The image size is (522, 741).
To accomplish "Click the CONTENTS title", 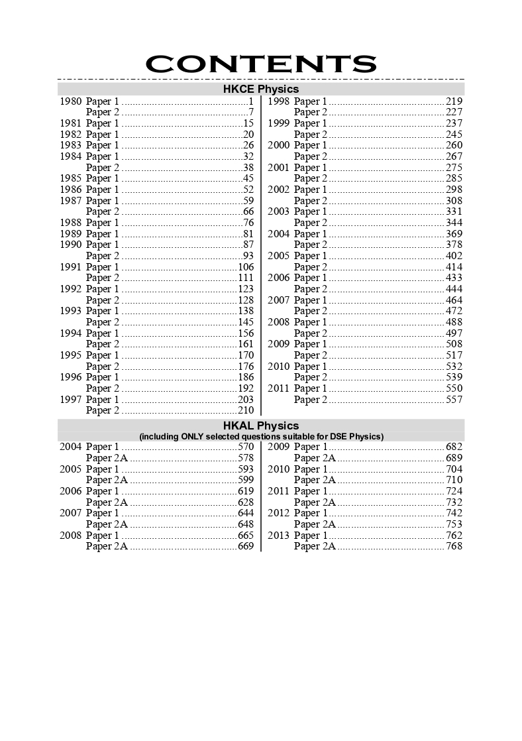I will pos(261,64).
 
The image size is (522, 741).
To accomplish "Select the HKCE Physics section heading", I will pos(261,89).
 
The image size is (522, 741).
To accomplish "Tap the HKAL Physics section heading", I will pos(261,426).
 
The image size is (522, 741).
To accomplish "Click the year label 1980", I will pos(71,101).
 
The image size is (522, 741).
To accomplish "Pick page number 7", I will pos(251,113).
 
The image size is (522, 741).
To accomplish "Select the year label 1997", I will pos(71,400).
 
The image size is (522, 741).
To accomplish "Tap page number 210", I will pos(246,411).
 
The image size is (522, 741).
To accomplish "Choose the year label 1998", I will pos(279,101).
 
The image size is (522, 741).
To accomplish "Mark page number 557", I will pos(454,400).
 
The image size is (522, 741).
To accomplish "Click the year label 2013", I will pos(279,536).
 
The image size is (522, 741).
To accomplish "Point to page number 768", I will pos(454,547).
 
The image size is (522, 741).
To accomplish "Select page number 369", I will pos(454,234).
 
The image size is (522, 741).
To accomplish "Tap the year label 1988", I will pos(71,223).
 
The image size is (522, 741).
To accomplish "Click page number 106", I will pos(246,267).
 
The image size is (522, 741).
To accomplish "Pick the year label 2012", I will pos(279,514).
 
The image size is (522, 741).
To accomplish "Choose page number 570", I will pos(246,447).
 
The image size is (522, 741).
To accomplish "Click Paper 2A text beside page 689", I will pos(315,458).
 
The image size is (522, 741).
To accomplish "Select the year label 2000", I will pos(279,146).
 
